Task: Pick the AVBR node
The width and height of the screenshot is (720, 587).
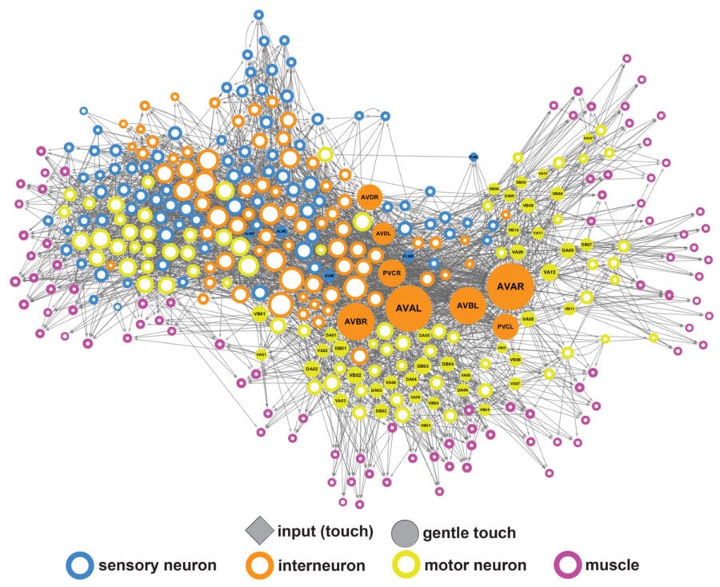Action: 355,321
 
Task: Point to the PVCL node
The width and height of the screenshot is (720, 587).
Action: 505,326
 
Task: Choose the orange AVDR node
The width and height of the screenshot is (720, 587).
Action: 369,196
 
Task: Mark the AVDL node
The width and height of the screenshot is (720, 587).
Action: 383,234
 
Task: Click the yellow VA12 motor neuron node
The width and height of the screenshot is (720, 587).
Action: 549,272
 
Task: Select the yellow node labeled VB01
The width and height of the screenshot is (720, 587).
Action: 259,315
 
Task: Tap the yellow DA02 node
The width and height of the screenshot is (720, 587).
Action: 312,369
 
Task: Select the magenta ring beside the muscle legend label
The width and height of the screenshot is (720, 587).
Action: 570,565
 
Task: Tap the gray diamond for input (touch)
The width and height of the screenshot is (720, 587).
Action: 260,530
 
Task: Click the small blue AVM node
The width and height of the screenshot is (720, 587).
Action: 329,275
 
